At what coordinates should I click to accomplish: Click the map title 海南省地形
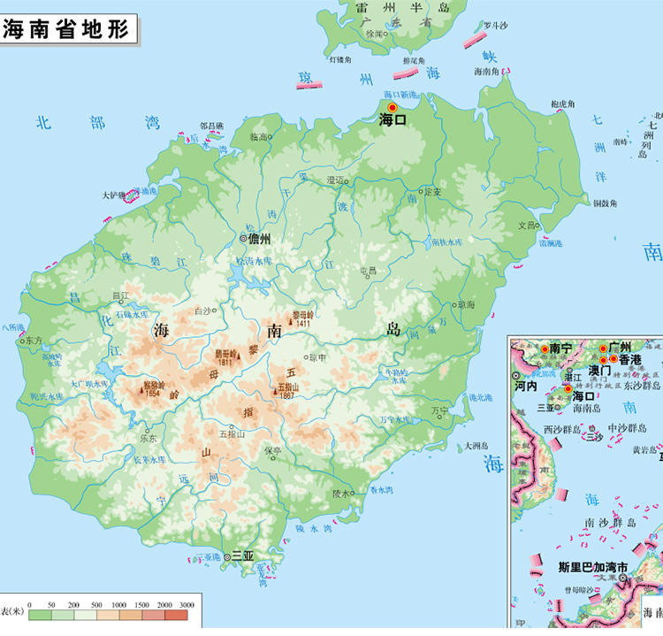coord(66,27)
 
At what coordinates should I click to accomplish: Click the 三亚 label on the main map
coord(241,556)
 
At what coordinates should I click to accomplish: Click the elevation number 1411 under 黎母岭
coord(304,324)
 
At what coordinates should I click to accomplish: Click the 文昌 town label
coord(527,225)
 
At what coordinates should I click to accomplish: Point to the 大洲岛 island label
coord(477,446)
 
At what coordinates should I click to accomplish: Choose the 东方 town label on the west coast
coord(34,340)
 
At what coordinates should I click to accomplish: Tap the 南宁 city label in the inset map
coord(560,348)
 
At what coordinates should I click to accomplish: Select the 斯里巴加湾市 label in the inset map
coord(592,566)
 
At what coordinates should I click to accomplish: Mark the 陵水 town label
coord(340,494)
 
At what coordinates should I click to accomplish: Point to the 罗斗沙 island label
coord(497,27)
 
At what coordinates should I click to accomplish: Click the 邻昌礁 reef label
coord(212,126)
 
